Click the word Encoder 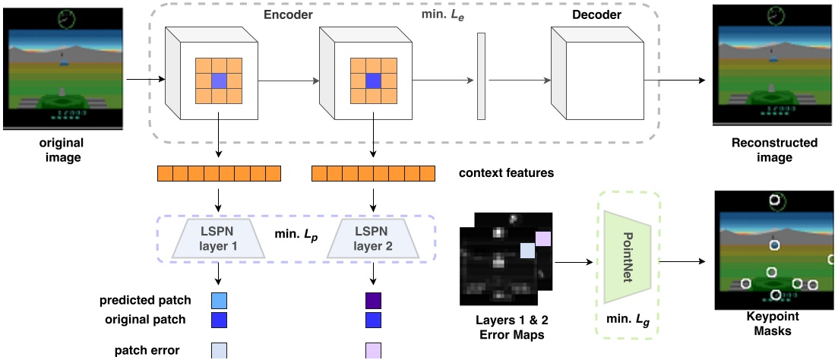[x=288, y=14]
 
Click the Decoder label [x=596, y=14]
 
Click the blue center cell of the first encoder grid [x=219, y=81]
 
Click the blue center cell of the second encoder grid [x=373, y=81]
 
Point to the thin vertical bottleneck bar [x=481, y=76]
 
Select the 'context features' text [x=506, y=173]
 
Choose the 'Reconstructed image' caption [x=774, y=150]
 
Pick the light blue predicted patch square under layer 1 [x=218, y=300]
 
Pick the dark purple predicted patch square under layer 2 [x=373, y=300]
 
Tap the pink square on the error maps [x=542, y=239]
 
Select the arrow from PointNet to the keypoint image [x=685, y=262]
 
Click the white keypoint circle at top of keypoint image [x=774, y=201]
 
